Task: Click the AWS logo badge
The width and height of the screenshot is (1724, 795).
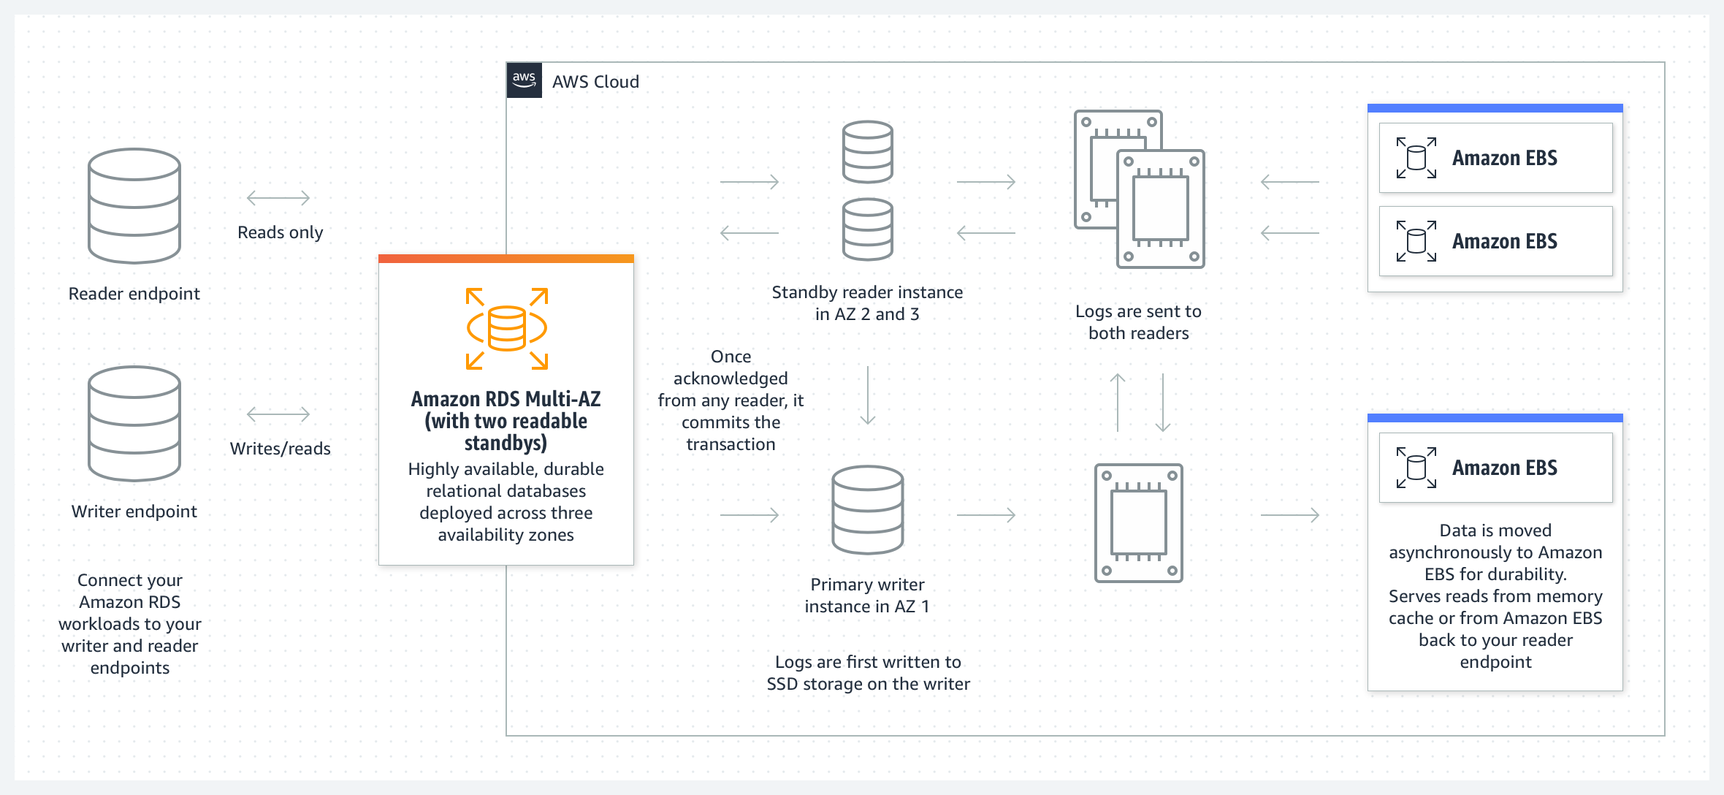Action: tap(524, 80)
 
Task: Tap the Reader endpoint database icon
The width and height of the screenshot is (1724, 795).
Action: tap(134, 206)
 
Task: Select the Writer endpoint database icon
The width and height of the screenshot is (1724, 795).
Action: tap(134, 424)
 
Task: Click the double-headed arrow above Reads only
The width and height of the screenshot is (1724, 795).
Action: tap(278, 197)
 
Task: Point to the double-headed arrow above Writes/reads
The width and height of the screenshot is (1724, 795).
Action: tap(278, 414)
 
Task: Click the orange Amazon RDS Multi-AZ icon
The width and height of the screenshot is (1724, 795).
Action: tap(507, 328)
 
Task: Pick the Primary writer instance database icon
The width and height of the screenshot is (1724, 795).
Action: tap(868, 510)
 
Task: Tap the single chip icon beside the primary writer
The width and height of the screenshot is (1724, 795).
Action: tap(1139, 523)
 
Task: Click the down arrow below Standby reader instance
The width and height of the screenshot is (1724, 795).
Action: tap(868, 395)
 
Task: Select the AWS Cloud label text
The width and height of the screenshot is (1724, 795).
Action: tap(595, 82)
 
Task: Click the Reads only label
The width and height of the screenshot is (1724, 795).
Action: tap(281, 232)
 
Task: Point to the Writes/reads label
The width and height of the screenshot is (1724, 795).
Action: tap(281, 449)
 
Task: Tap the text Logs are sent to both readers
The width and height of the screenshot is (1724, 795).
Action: tap(1139, 322)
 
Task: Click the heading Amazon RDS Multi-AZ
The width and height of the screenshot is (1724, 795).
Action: tap(506, 399)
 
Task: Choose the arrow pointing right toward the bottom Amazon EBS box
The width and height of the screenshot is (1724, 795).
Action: tap(1290, 515)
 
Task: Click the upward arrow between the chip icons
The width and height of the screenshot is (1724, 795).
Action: tap(1118, 403)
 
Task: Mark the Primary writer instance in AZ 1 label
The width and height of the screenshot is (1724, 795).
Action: tap(868, 596)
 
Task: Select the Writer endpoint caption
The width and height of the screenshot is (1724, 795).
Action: tap(134, 511)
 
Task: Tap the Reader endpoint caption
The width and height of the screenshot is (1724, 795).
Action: tap(134, 294)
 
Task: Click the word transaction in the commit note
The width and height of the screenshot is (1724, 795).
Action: tap(731, 444)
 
